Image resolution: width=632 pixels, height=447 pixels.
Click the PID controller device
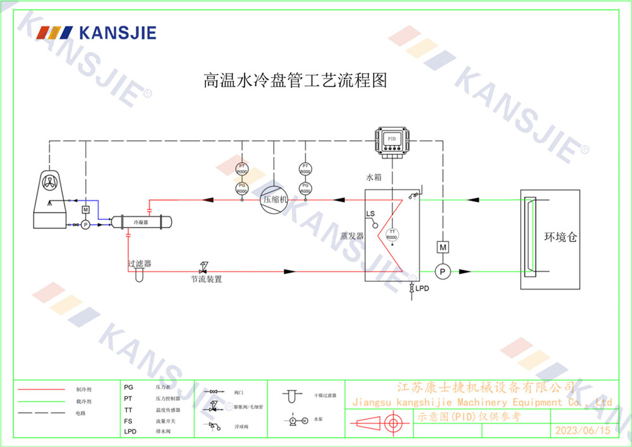point(392,140)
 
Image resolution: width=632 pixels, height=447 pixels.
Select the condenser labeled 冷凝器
point(141,223)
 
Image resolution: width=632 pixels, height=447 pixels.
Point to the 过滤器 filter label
point(139,263)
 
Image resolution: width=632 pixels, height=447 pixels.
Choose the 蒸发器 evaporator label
point(352,236)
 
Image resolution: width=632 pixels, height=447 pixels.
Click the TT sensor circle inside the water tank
point(392,235)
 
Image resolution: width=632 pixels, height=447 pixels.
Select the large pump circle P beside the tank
point(443,271)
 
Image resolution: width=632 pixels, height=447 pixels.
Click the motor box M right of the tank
point(443,247)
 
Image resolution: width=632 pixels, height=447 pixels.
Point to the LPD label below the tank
point(422,288)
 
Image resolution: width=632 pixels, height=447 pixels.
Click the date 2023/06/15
point(583,431)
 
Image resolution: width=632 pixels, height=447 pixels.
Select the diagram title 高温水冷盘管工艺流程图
point(295,81)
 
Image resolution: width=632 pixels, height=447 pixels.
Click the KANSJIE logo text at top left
point(117,33)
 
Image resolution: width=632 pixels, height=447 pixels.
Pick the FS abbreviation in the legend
point(128,420)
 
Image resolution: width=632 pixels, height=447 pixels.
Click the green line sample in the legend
point(42,401)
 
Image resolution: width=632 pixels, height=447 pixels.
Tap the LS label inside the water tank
point(370,213)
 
